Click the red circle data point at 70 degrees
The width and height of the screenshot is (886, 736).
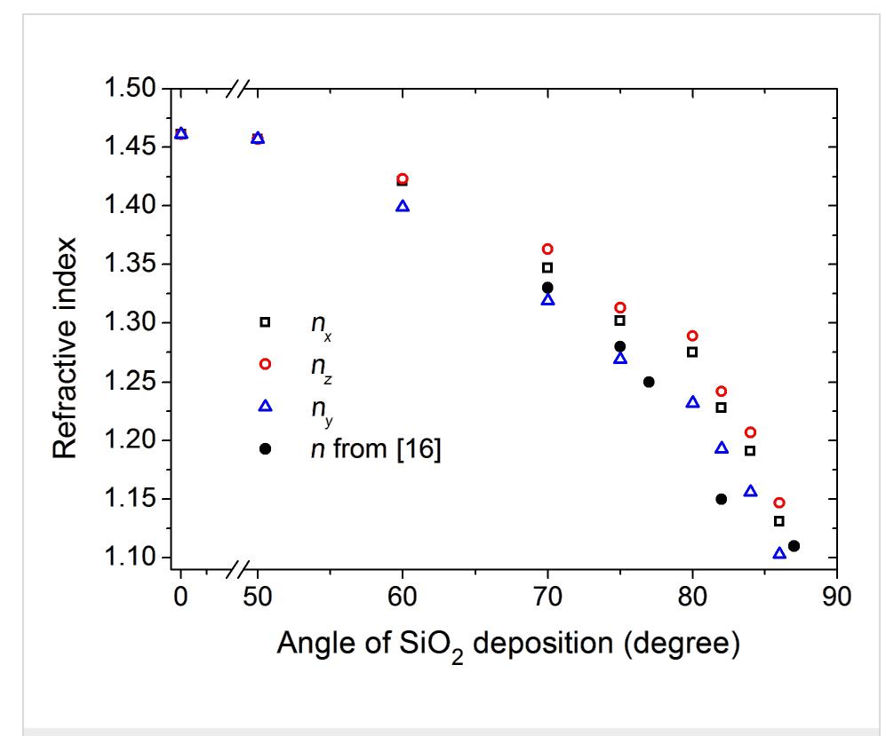pyautogui.click(x=547, y=249)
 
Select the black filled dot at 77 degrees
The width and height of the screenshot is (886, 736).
pyautogui.click(x=649, y=382)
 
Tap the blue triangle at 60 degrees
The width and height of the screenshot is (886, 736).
pyautogui.click(x=403, y=206)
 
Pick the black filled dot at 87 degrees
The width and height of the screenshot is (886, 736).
pyautogui.click(x=794, y=546)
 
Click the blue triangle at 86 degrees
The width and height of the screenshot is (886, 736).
pyautogui.click(x=779, y=553)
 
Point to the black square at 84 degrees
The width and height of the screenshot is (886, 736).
pyautogui.click(x=750, y=451)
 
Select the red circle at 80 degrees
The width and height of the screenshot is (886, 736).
pyautogui.click(x=692, y=336)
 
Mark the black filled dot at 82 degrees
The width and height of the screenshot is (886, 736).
pyautogui.click(x=722, y=499)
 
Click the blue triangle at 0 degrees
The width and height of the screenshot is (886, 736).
pyautogui.click(x=181, y=133)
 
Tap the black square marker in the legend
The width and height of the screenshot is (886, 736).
pyautogui.click(x=265, y=322)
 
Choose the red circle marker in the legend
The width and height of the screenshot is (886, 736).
pyautogui.click(x=265, y=364)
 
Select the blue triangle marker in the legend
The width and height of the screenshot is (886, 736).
pyautogui.click(x=265, y=406)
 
